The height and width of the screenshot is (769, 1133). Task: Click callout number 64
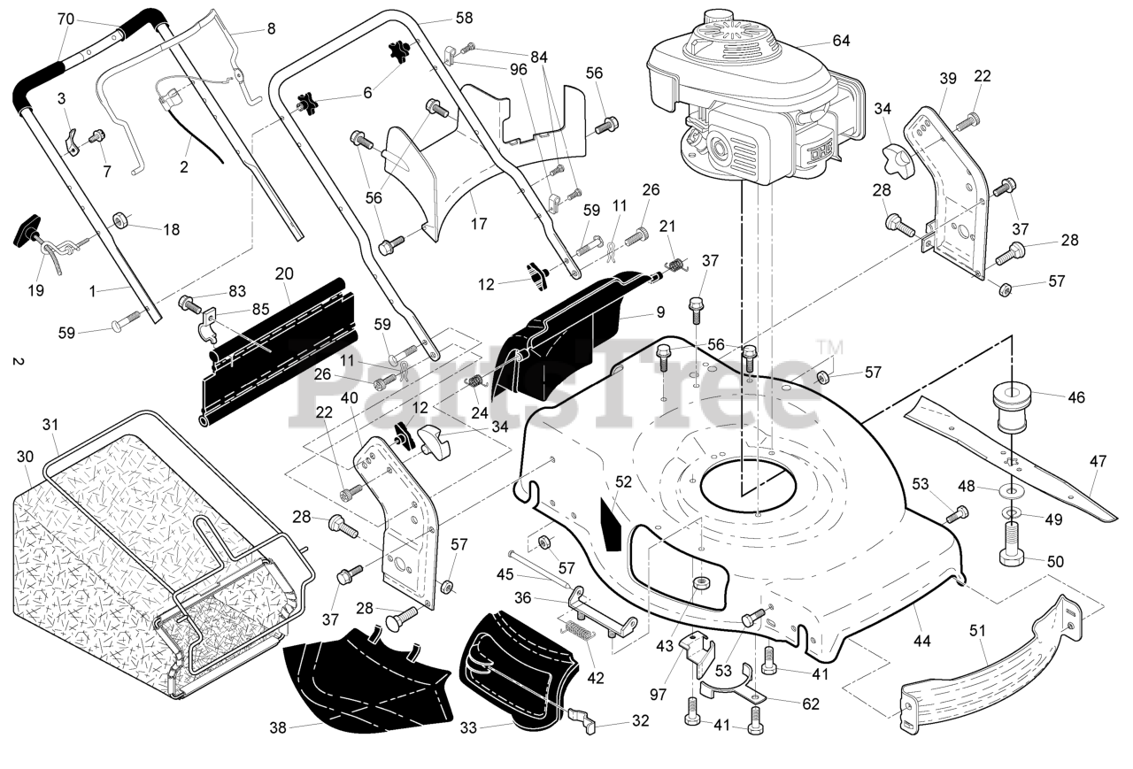(841, 41)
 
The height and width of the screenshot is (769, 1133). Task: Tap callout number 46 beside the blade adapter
(1076, 397)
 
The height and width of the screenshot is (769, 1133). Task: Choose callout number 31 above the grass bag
(50, 425)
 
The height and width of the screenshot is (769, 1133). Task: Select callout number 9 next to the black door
(660, 312)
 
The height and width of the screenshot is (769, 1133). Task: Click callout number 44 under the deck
(921, 641)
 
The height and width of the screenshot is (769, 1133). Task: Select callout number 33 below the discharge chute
(468, 727)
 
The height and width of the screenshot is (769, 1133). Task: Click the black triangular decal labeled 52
(611, 523)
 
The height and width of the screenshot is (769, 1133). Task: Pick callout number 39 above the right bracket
(948, 79)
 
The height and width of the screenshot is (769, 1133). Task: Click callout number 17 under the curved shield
(479, 223)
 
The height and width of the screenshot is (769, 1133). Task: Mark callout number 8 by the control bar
(271, 29)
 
